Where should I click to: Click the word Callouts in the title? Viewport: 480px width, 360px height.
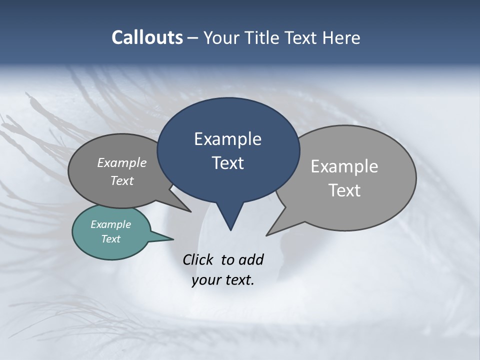(147, 37)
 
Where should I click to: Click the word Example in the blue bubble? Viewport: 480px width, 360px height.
(227, 139)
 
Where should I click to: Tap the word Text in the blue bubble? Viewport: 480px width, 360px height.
(228, 163)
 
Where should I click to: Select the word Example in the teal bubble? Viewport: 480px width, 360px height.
(111, 224)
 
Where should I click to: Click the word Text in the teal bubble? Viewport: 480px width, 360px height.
(111, 239)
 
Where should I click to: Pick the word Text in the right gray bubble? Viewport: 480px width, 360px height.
(344, 190)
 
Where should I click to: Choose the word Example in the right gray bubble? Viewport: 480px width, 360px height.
(344, 166)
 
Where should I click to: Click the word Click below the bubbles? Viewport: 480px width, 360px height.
(199, 259)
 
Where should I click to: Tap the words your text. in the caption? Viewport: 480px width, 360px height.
(223, 280)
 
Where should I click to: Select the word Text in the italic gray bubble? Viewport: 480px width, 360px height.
(122, 180)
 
